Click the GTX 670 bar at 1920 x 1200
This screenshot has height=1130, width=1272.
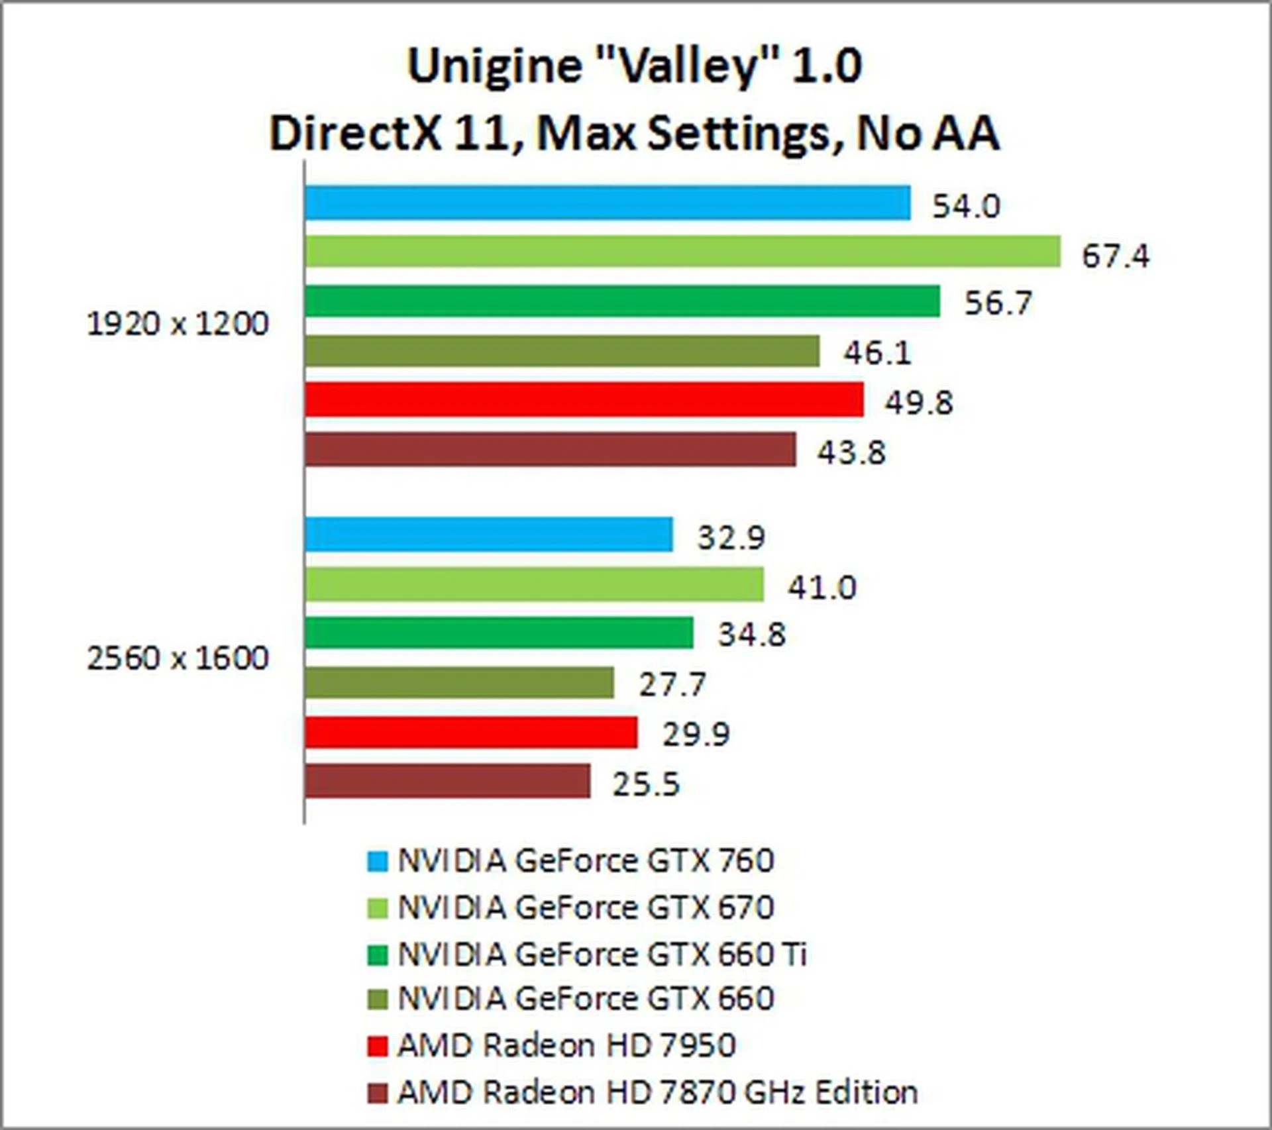click(x=682, y=252)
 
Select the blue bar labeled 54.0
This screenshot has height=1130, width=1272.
click(x=608, y=203)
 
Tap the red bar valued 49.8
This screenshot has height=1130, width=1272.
click(x=584, y=399)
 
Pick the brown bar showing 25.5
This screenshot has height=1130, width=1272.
click(x=447, y=782)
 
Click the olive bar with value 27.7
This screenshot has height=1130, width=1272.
click(x=459, y=683)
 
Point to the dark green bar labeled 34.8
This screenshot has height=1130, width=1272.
click(x=499, y=633)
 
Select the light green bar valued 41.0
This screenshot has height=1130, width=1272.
click(x=534, y=584)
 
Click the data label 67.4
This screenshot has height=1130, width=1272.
click(x=1116, y=256)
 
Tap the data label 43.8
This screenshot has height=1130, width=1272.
click(x=851, y=453)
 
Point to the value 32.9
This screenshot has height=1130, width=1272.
click(x=731, y=537)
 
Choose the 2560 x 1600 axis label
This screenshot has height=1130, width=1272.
click(x=178, y=658)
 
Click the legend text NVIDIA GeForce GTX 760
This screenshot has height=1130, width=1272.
click(x=586, y=861)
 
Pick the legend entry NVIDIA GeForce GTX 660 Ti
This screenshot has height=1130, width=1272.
click(x=602, y=954)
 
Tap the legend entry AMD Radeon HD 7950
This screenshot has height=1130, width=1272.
click(x=566, y=1046)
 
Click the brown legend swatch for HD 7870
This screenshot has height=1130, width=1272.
click(x=377, y=1093)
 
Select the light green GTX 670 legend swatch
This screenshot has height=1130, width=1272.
click(x=377, y=908)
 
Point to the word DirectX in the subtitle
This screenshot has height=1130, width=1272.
click(x=355, y=134)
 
